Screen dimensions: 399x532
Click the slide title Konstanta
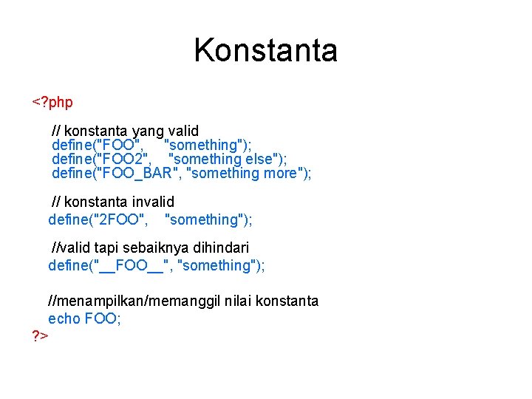click(265, 50)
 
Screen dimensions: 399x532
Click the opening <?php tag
click(52, 102)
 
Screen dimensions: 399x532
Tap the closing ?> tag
click(40, 336)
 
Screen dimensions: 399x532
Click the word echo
click(64, 318)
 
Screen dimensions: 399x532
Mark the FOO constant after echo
click(102, 318)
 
